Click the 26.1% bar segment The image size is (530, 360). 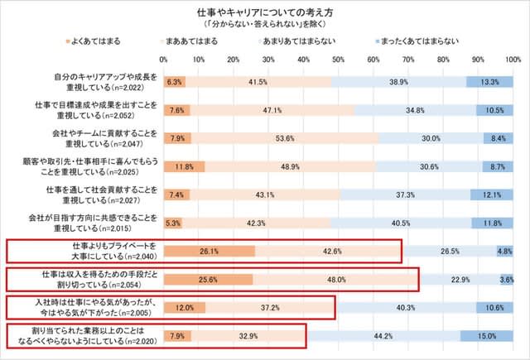210,251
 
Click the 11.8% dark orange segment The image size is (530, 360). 184,166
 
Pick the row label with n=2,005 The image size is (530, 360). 108,308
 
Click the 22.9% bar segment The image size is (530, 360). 461,280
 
